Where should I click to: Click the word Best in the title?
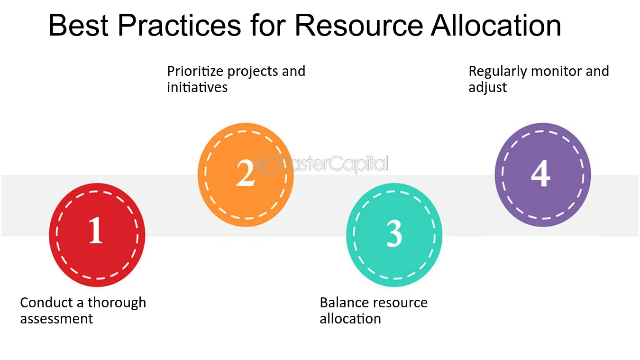79,25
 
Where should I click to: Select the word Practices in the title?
179,25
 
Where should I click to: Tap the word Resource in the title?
359,25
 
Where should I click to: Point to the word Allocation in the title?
496,25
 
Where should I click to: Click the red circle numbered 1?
97,235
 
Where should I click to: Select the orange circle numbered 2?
246,175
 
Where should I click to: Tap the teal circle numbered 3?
394,235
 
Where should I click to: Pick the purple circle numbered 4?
543,175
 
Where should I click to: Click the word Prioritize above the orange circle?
195,72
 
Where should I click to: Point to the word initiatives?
197,87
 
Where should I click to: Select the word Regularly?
498,72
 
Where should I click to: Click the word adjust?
488,87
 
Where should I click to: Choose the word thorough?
117,303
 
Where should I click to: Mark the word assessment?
56,319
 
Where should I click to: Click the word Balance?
343,303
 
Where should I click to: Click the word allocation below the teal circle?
350,319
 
